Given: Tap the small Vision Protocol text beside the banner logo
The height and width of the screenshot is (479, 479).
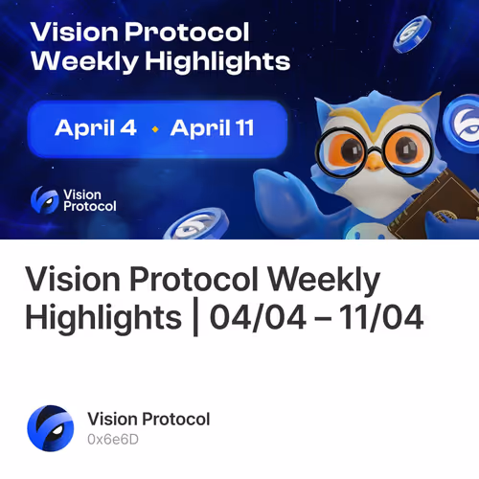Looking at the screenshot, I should pyautogui.click(x=88, y=199).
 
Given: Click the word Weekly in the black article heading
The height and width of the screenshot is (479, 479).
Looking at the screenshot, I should pyautogui.click(x=324, y=282).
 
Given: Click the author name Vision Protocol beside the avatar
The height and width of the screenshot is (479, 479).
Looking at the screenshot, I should pyautogui.click(x=148, y=419).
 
